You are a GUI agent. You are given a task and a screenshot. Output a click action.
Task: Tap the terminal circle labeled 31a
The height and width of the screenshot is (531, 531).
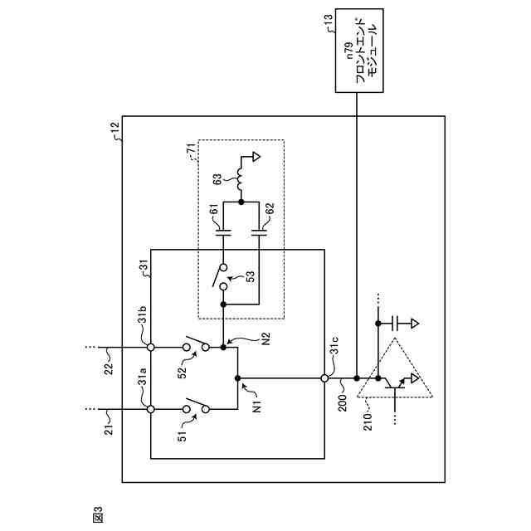(x=151, y=409)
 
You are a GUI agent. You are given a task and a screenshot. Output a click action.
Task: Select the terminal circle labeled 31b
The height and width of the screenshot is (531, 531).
(x=151, y=348)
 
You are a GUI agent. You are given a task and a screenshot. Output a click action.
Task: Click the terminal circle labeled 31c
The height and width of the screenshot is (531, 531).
(x=324, y=378)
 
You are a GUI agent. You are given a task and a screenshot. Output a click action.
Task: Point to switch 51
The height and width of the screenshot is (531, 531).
(x=196, y=407)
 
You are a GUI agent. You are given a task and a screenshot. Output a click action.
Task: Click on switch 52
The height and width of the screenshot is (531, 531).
(x=196, y=344)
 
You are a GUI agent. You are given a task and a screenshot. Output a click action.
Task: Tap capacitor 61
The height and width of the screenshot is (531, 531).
(x=223, y=232)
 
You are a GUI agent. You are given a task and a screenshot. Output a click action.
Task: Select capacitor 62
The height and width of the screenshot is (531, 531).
(x=259, y=232)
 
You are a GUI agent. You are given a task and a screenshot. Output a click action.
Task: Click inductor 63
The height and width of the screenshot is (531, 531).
(x=240, y=179)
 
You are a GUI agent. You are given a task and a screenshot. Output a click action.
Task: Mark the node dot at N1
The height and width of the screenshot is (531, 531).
(x=237, y=378)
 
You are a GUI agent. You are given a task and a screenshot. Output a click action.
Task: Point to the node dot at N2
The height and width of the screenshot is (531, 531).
(x=223, y=348)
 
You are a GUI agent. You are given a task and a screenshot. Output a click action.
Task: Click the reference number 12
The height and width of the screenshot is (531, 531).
(x=115, y=130)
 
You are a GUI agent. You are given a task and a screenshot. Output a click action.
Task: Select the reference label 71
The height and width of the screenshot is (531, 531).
(x=192, y=149)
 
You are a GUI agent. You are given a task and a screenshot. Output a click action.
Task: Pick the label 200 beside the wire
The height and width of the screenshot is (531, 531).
(x=343, y=402)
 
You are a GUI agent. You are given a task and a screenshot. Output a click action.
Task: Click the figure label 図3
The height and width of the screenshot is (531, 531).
(x=98, y=514)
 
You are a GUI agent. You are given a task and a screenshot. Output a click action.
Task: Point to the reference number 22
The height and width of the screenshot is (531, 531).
(x=108, y=369)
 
